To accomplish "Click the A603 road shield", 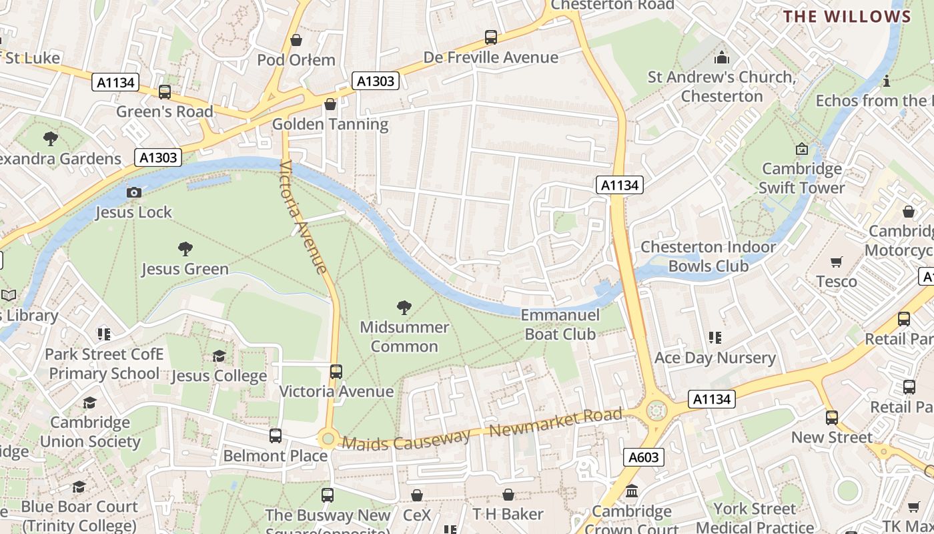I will click(x=644, y=457).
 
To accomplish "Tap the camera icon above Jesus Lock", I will click(x=134, y=192).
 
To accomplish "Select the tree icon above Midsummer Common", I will click(x=404, y=307).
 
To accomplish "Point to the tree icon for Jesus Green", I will click(x=185, y=249).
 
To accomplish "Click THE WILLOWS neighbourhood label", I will click(x=847, y=17).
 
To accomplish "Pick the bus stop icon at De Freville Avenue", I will click(x=491, y=37).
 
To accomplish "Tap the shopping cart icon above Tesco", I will click(x=837, y=262).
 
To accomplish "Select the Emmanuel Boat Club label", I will click(x=560, y=324).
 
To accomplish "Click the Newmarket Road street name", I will click(x=556, y=423).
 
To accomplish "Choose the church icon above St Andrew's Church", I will click(x=721, y=57).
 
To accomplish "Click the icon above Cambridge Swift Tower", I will click(x=801, y=149).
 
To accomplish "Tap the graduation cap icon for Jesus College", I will click(x=219, y=356).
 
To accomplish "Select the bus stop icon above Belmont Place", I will click(x=275, y=436).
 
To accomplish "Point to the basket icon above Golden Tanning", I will click(x=330, y=104).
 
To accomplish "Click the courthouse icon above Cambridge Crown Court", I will click(x=631, y=492).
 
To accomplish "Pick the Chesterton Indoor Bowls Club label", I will click(x=708, y=256).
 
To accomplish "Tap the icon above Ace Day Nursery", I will click(x=715, y=338).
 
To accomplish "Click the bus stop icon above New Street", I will click(x=831, y=418).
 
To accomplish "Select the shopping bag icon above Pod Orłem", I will click(x=296, y=40).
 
